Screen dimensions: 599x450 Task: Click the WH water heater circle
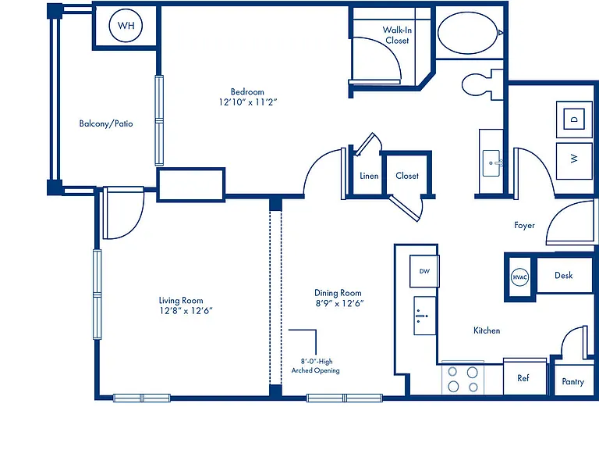[126, 25]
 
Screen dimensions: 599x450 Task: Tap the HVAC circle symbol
[519, 277]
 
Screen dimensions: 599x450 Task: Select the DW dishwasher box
[424, 271]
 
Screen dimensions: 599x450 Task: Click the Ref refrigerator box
[524, 377]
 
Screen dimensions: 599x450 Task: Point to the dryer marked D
[574, 119]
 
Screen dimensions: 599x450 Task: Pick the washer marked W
[574, 161]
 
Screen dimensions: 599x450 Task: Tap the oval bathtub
[468, 33]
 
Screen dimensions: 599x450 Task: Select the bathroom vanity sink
[491, 163]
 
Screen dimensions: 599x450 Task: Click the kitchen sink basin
[425, 316]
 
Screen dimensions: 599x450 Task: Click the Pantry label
[572, 381]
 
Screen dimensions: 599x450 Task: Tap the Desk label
[563, 275]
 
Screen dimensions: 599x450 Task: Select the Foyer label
[524, 225]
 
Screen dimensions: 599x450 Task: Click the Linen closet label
[369, 176]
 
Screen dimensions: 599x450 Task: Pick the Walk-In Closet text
[397, 35]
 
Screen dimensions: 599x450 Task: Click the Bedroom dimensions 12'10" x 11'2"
[247, 102]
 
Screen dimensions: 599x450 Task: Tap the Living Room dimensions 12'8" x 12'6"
[186, 311]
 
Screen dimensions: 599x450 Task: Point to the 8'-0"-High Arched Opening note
[316, 366]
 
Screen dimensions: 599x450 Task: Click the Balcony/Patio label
[106, 123]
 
